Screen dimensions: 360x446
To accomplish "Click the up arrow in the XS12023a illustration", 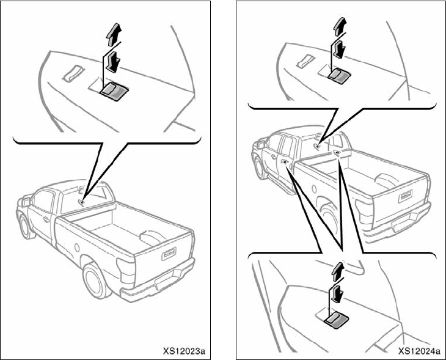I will (x=112, y=36).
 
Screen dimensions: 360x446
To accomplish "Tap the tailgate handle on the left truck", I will (x=169, y=252).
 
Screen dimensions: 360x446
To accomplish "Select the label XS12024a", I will (x=419, y=351).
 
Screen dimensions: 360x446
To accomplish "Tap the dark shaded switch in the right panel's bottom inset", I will (x=335, y=319).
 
